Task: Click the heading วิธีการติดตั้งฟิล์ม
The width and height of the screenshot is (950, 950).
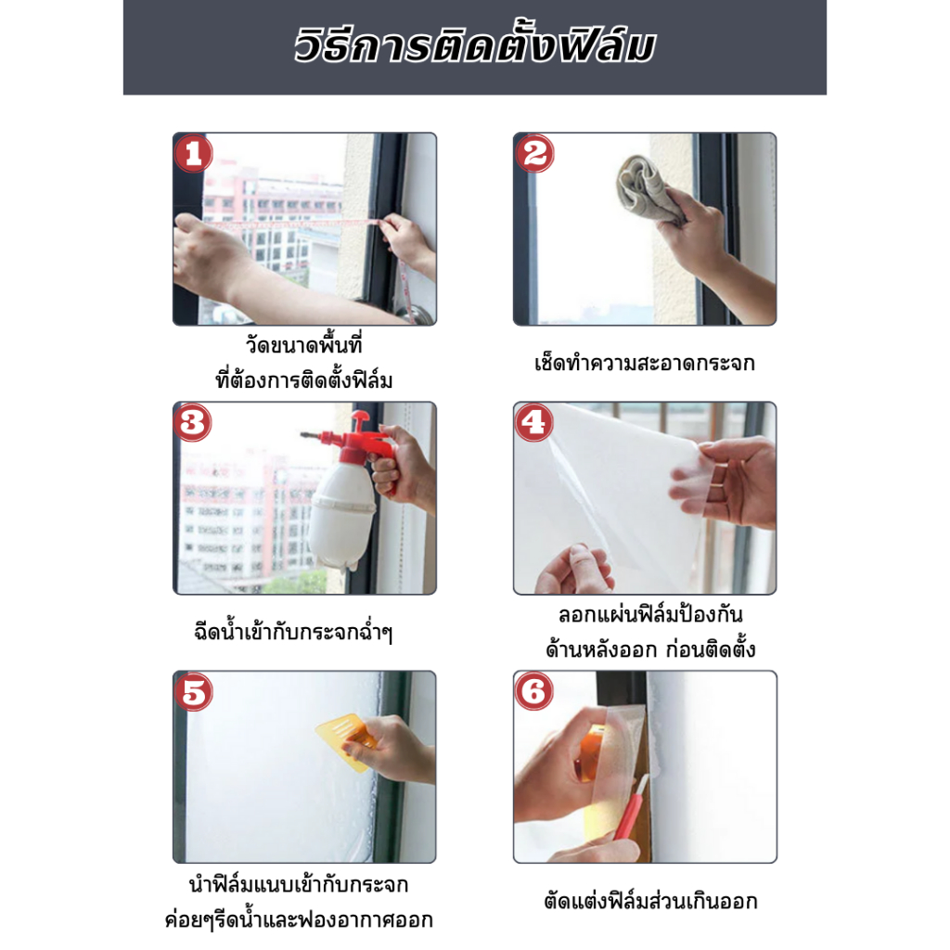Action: [474, 46]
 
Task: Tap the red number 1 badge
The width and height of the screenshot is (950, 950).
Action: [193, 153]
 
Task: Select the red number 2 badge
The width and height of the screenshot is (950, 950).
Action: [534, 153]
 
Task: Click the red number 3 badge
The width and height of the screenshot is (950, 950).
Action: [193, 422]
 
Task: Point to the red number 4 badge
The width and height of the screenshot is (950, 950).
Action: [533, 422]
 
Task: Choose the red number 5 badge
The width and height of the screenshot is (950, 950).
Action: [193, 691]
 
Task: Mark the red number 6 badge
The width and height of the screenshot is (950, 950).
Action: [533, 691]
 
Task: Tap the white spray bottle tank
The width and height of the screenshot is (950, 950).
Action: [341, 515]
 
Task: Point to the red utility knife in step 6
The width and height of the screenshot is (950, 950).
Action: [631, 807]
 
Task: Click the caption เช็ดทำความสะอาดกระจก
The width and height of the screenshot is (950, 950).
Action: [645, 364]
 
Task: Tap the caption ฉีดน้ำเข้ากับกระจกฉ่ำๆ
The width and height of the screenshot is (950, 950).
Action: [294, 633]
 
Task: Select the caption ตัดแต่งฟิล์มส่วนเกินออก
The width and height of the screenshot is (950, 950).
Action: [650, 902]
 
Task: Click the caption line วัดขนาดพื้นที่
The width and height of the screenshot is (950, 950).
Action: [303, 345]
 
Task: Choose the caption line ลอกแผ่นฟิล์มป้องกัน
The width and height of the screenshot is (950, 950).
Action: [650, 615]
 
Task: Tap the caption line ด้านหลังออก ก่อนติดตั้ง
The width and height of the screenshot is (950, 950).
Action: [650, 649]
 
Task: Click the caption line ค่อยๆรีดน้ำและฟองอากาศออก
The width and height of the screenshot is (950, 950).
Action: [299, 919]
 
